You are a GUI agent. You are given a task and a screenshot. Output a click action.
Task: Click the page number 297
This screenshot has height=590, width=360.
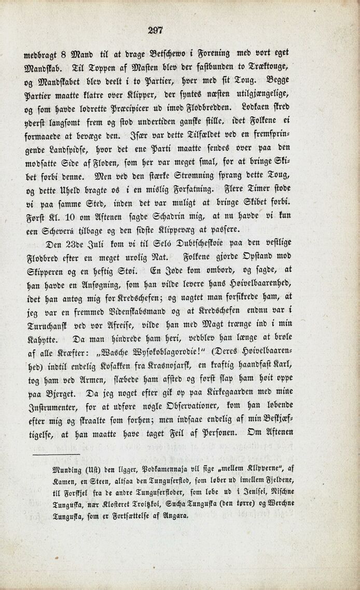coord(155,30)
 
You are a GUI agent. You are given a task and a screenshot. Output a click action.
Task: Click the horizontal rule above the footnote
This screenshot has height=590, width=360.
coord(56,455)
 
